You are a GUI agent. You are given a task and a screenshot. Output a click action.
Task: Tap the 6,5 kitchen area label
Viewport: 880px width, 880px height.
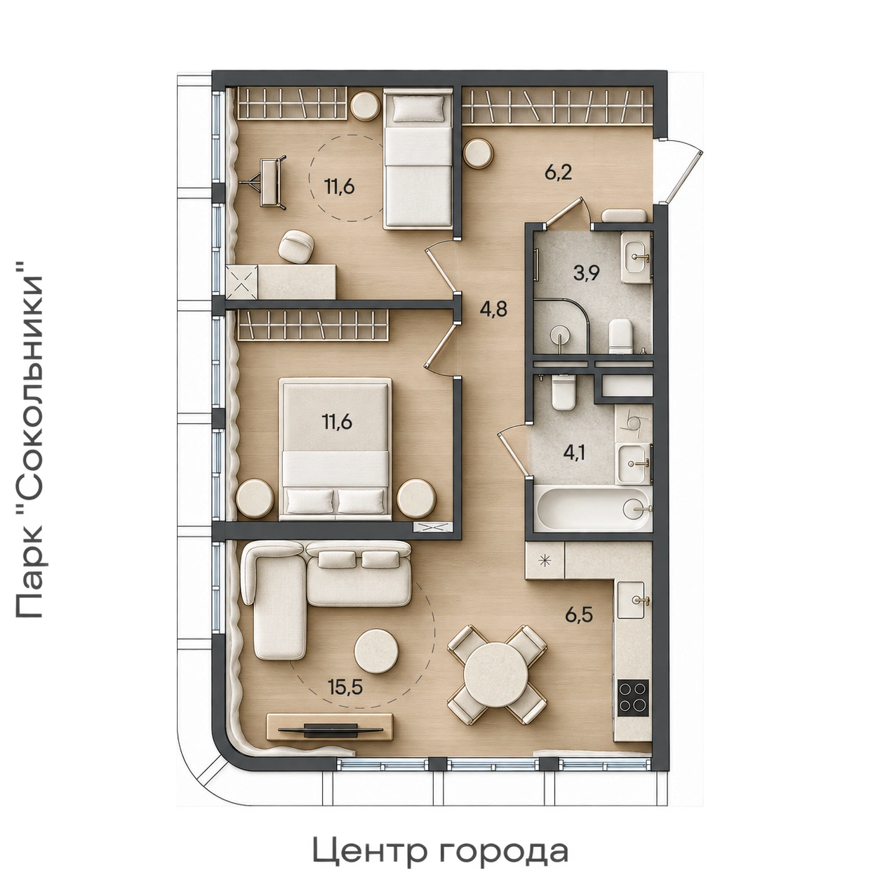pyautogui.click(x=579, y=614)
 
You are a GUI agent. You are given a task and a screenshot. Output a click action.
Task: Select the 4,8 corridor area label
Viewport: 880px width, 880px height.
pyautogui.click(x=493, y=309)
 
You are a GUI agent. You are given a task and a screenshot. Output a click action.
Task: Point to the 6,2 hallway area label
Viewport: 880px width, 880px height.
pyautogui.click(x=558, y=173)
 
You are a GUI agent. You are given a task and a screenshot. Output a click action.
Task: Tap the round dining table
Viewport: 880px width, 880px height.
pyautogui.click(x=496, y=674)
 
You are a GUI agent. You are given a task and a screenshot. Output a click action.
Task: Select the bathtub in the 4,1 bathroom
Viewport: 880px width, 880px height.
pyautogui.click(x=592, y=509)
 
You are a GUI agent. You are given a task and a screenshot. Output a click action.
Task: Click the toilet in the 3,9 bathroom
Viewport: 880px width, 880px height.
pyautogui.click(x=621, y=336)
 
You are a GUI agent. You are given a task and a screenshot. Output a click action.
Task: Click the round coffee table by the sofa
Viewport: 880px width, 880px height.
pyautogui.click(x=376, y=651)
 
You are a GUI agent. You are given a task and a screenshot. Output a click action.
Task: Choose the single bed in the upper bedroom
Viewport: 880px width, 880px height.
pyautogui.click(x=418, y=159)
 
